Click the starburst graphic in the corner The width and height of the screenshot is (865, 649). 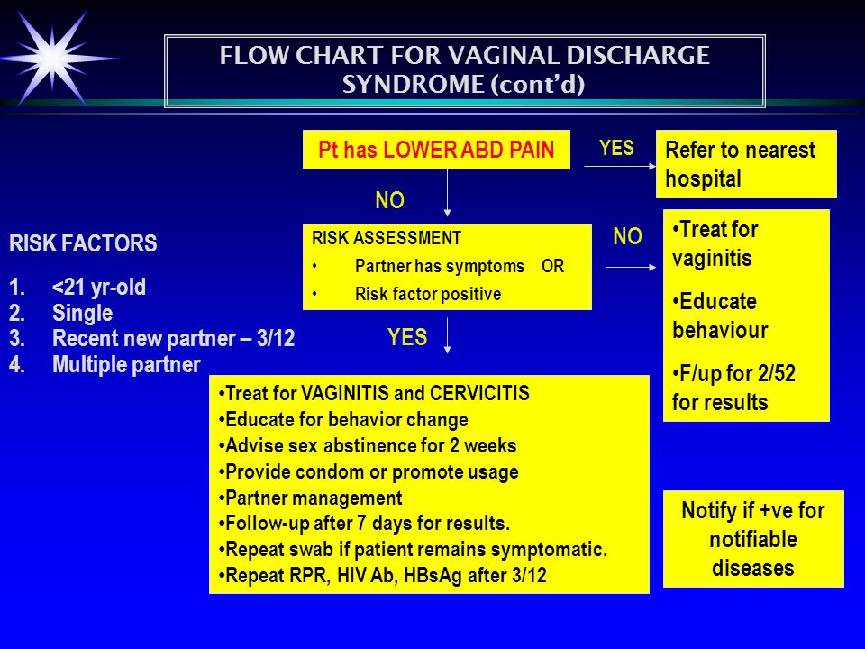[x=53, y=58]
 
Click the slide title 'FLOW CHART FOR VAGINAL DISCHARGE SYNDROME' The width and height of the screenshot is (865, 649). [x=465, y=70]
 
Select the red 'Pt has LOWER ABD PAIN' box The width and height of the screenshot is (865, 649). [x=436, y=150]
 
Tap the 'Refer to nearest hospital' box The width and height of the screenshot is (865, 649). [x=746, y=164]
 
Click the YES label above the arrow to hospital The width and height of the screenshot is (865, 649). [x=616, y=148]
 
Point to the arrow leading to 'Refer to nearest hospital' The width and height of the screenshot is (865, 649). [x=620, y=166]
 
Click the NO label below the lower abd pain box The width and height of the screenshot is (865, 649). [x=389, y=200]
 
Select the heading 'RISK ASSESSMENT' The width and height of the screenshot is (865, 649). [x=387, y=238]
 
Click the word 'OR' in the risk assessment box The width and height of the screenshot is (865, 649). [x=552, y=266]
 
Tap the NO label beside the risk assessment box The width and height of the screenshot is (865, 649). [x=627, y=236]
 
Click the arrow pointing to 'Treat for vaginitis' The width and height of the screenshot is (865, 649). [x=631, y=267]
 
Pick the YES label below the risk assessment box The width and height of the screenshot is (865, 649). [x=407, y=337]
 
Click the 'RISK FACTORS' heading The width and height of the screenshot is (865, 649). [x=83, y=243]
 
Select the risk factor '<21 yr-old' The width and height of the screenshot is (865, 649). [x=99, y=287]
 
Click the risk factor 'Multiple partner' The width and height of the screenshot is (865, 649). [x=126, y=365]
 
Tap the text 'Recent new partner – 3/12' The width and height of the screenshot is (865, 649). [x=173, y=338]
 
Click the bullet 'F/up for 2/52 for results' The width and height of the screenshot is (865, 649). [x=733, y=388]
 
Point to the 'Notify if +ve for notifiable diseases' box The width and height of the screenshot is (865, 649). [x=753, y=539]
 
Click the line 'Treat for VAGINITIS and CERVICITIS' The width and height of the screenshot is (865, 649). [x=374, y=394]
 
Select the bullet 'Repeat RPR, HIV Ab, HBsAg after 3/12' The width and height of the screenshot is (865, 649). [x=382, y=576]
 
